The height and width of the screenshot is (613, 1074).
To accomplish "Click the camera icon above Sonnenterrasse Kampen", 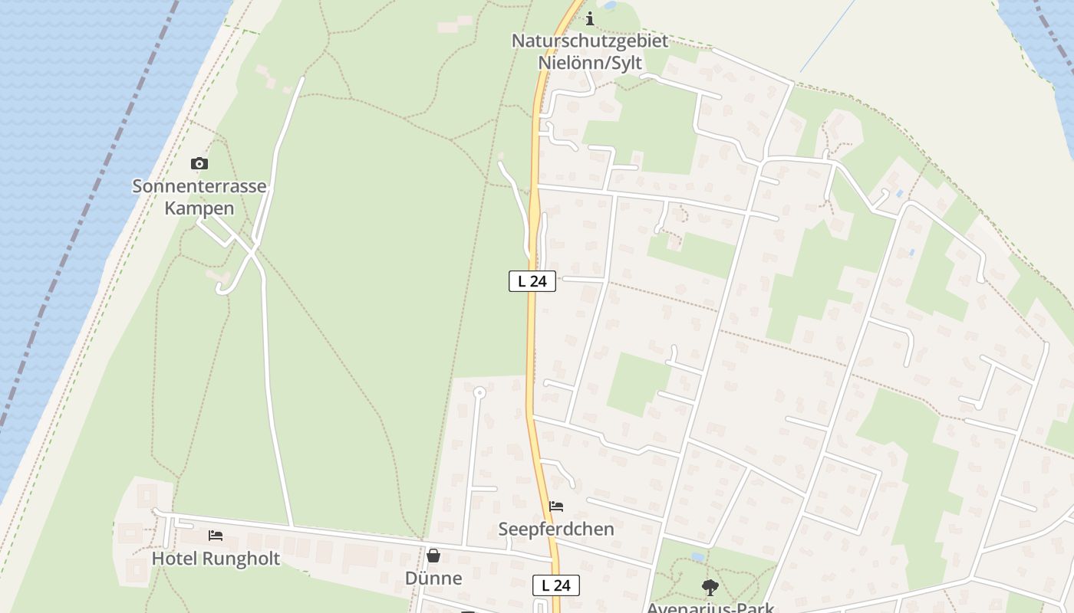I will pos(199,163).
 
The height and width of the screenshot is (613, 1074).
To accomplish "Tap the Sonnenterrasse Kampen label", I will pos(199,197).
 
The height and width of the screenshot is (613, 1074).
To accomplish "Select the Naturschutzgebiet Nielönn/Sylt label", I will pos(590,51).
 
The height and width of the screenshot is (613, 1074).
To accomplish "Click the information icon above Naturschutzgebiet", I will pos(590,19).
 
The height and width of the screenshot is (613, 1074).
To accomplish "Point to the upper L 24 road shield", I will pos(532,281).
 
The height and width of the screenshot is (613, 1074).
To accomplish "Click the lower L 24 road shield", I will pos(556,585).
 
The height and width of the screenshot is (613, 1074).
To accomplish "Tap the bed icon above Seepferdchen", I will pos(556,506).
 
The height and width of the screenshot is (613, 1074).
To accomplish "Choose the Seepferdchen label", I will pos(556,529).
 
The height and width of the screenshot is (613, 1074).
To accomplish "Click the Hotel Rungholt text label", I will pos(216,559).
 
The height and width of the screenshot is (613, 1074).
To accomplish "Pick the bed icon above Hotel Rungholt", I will pos(216,536).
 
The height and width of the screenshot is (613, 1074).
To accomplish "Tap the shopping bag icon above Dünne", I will pos(433,556).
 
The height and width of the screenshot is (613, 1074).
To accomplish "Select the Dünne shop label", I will pos(433,578).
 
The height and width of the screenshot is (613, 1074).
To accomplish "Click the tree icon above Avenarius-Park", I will pos(710,588).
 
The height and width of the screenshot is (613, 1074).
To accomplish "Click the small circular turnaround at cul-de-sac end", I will pos(479,393).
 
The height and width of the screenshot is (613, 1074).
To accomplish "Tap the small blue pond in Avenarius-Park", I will pos(697,557).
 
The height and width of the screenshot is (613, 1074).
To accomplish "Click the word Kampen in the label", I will pos(199,208).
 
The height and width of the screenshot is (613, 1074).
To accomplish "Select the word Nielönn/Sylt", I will pos(590,63).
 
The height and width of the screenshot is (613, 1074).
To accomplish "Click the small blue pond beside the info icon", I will pos(610,5).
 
